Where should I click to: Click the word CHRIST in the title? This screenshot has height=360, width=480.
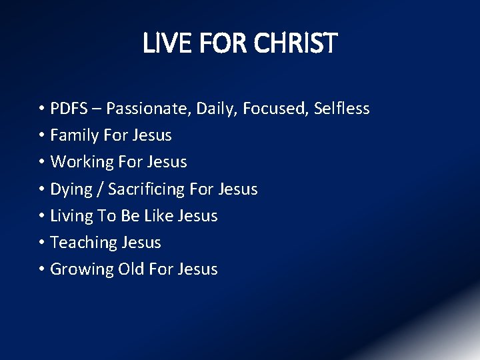click(297, 44)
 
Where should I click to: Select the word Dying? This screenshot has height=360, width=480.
click(71, 189)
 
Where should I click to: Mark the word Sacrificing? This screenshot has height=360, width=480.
click(146, 189)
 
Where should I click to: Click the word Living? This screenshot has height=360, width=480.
click(73, 216)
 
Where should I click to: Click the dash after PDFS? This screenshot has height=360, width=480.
click(98, 109)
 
